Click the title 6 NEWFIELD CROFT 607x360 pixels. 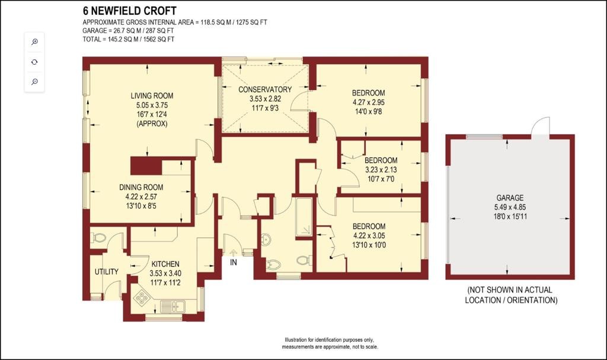[x=130, y=11]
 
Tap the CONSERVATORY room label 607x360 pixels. [x=265, y=90]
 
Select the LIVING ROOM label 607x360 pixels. [x=152, y=95]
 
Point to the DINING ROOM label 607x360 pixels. [x=141, y=187]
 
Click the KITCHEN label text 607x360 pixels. [x=165, y=264]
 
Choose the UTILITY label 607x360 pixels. [x=107, y=272]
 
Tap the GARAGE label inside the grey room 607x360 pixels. [x=510, y=197]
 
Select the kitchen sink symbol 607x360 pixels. [x=172, y=306]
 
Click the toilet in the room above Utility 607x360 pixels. [x=98, y=238]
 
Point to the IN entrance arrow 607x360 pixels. [x=233, y=253]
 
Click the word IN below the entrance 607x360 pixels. [x=234, y=262]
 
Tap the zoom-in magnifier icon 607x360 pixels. [x=34, y=42]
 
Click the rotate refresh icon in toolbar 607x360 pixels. [x=34, y=62]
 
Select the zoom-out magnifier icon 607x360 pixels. [x=34, y=82]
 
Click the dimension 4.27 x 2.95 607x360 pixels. [x=368, y=102]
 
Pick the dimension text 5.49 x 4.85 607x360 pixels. [x=510, y=208]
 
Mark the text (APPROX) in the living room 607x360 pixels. [x=152, y=123]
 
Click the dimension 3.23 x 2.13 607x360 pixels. [x=381, y=170]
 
